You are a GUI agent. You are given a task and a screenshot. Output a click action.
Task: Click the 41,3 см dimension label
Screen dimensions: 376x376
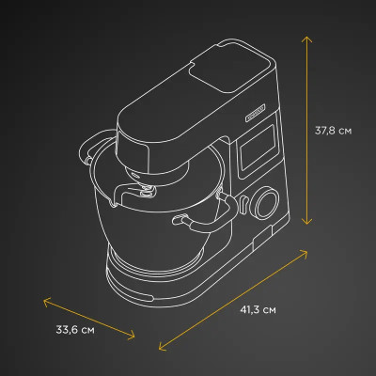[x=257, y=308]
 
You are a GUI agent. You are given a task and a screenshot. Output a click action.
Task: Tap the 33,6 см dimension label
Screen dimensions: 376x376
[x=74, y=329]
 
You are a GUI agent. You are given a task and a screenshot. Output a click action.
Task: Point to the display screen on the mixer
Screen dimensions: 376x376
[x=256, y=151]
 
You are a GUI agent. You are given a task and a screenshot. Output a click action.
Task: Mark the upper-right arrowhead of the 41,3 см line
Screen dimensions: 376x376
[x=307, y=251]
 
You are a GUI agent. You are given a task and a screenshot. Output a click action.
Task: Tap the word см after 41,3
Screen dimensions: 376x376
[x=269, y=308]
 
